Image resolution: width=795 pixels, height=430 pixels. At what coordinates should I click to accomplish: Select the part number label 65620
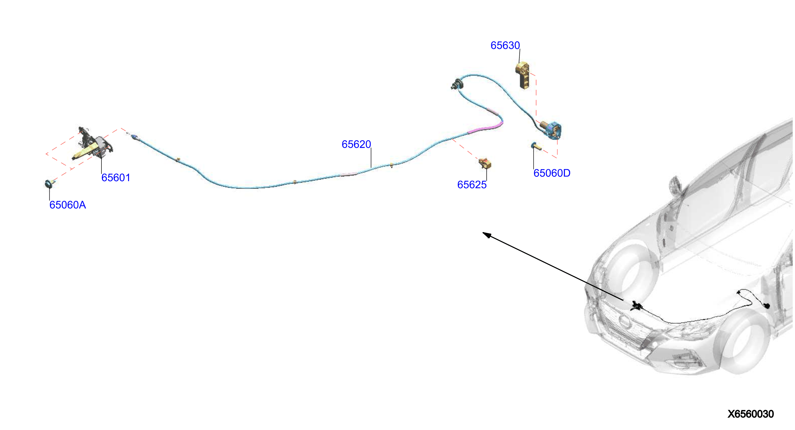tap(356, 144)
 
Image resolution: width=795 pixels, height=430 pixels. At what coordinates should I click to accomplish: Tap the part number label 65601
tap(116, 178)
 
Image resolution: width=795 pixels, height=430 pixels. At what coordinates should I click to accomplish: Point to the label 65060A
tap(68, 205)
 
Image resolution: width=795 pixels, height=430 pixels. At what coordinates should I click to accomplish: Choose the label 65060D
tap(552, 173)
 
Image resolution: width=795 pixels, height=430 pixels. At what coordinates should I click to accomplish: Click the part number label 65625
tap(472, 185)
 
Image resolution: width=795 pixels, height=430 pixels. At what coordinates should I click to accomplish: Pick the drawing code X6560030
tap(751, 414)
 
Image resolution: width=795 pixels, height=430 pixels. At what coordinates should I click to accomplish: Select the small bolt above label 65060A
tap(49, 183)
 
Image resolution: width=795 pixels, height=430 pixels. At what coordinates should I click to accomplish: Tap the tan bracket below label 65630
tap(523, 75)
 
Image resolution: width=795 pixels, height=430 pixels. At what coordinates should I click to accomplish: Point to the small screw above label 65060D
tap(536, 146)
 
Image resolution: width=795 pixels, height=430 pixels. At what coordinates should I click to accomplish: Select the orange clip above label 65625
tap(485, 163)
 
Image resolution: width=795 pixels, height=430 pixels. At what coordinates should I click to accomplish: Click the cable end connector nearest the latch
tap(135, 137)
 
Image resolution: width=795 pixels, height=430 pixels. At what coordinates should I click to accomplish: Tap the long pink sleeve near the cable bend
tap(486, 127)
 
